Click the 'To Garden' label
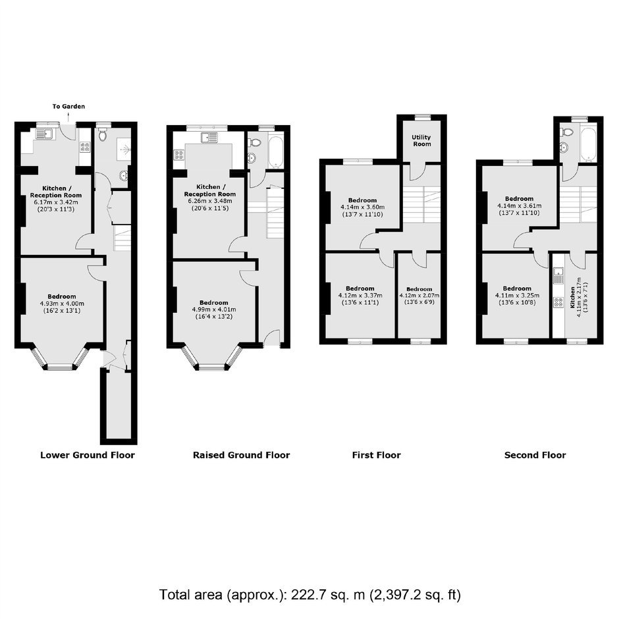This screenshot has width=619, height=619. click(x=68, y=106)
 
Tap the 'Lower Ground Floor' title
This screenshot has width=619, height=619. click(x=88, y=455)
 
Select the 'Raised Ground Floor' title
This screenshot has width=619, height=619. click(x=241, y=455)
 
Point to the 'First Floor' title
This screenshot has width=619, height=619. click(x=376, y=455)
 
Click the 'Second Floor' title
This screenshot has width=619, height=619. click(x=535, y=455)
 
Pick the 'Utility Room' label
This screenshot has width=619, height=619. click(x=421, y=140)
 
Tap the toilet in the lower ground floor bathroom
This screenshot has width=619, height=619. click(x=103, y=135)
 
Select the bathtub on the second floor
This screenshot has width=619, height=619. click(x=588, y=144)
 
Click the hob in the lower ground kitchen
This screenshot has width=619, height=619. click(x=85, y=148)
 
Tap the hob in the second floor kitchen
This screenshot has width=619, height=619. click(x=558, y=302)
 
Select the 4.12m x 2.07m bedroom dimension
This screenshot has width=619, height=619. click(x=419, y=296)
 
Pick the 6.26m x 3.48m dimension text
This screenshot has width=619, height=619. click(x=210, y=202)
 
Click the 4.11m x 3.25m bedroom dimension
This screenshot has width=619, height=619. click(x=517, y=296)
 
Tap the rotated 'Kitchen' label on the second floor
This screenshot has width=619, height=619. click(x=572, y=298)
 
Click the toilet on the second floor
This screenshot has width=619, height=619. click(x=568, y=132)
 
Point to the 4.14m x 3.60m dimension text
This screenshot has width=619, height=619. click(x=362, y=207)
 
